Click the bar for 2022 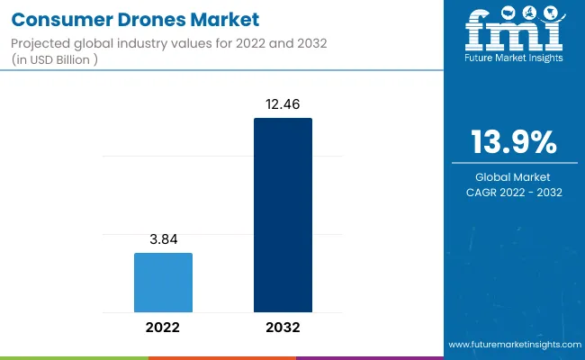[163, 282]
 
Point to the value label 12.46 [283, 104]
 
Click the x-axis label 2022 [163, 327]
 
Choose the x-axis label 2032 [283, 327]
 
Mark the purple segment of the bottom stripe [369, 357]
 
